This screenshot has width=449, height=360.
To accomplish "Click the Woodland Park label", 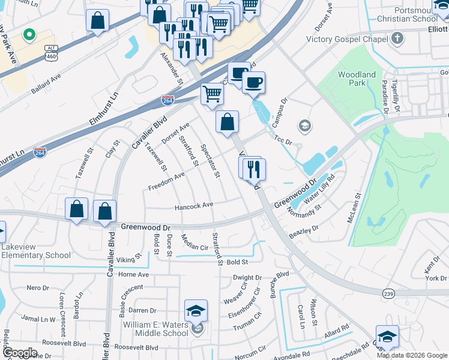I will tap(357, 79).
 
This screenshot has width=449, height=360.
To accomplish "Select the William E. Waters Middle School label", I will tap(147, 329).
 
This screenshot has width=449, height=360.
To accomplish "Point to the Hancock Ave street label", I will tap(194, 205).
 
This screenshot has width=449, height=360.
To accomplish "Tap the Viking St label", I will tap(128, 260).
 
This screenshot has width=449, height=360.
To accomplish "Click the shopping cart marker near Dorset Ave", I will tap(212, 94).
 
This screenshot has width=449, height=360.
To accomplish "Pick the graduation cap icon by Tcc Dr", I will tap(305, 125).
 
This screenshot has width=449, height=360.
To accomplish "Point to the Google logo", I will tap(20, 353).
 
